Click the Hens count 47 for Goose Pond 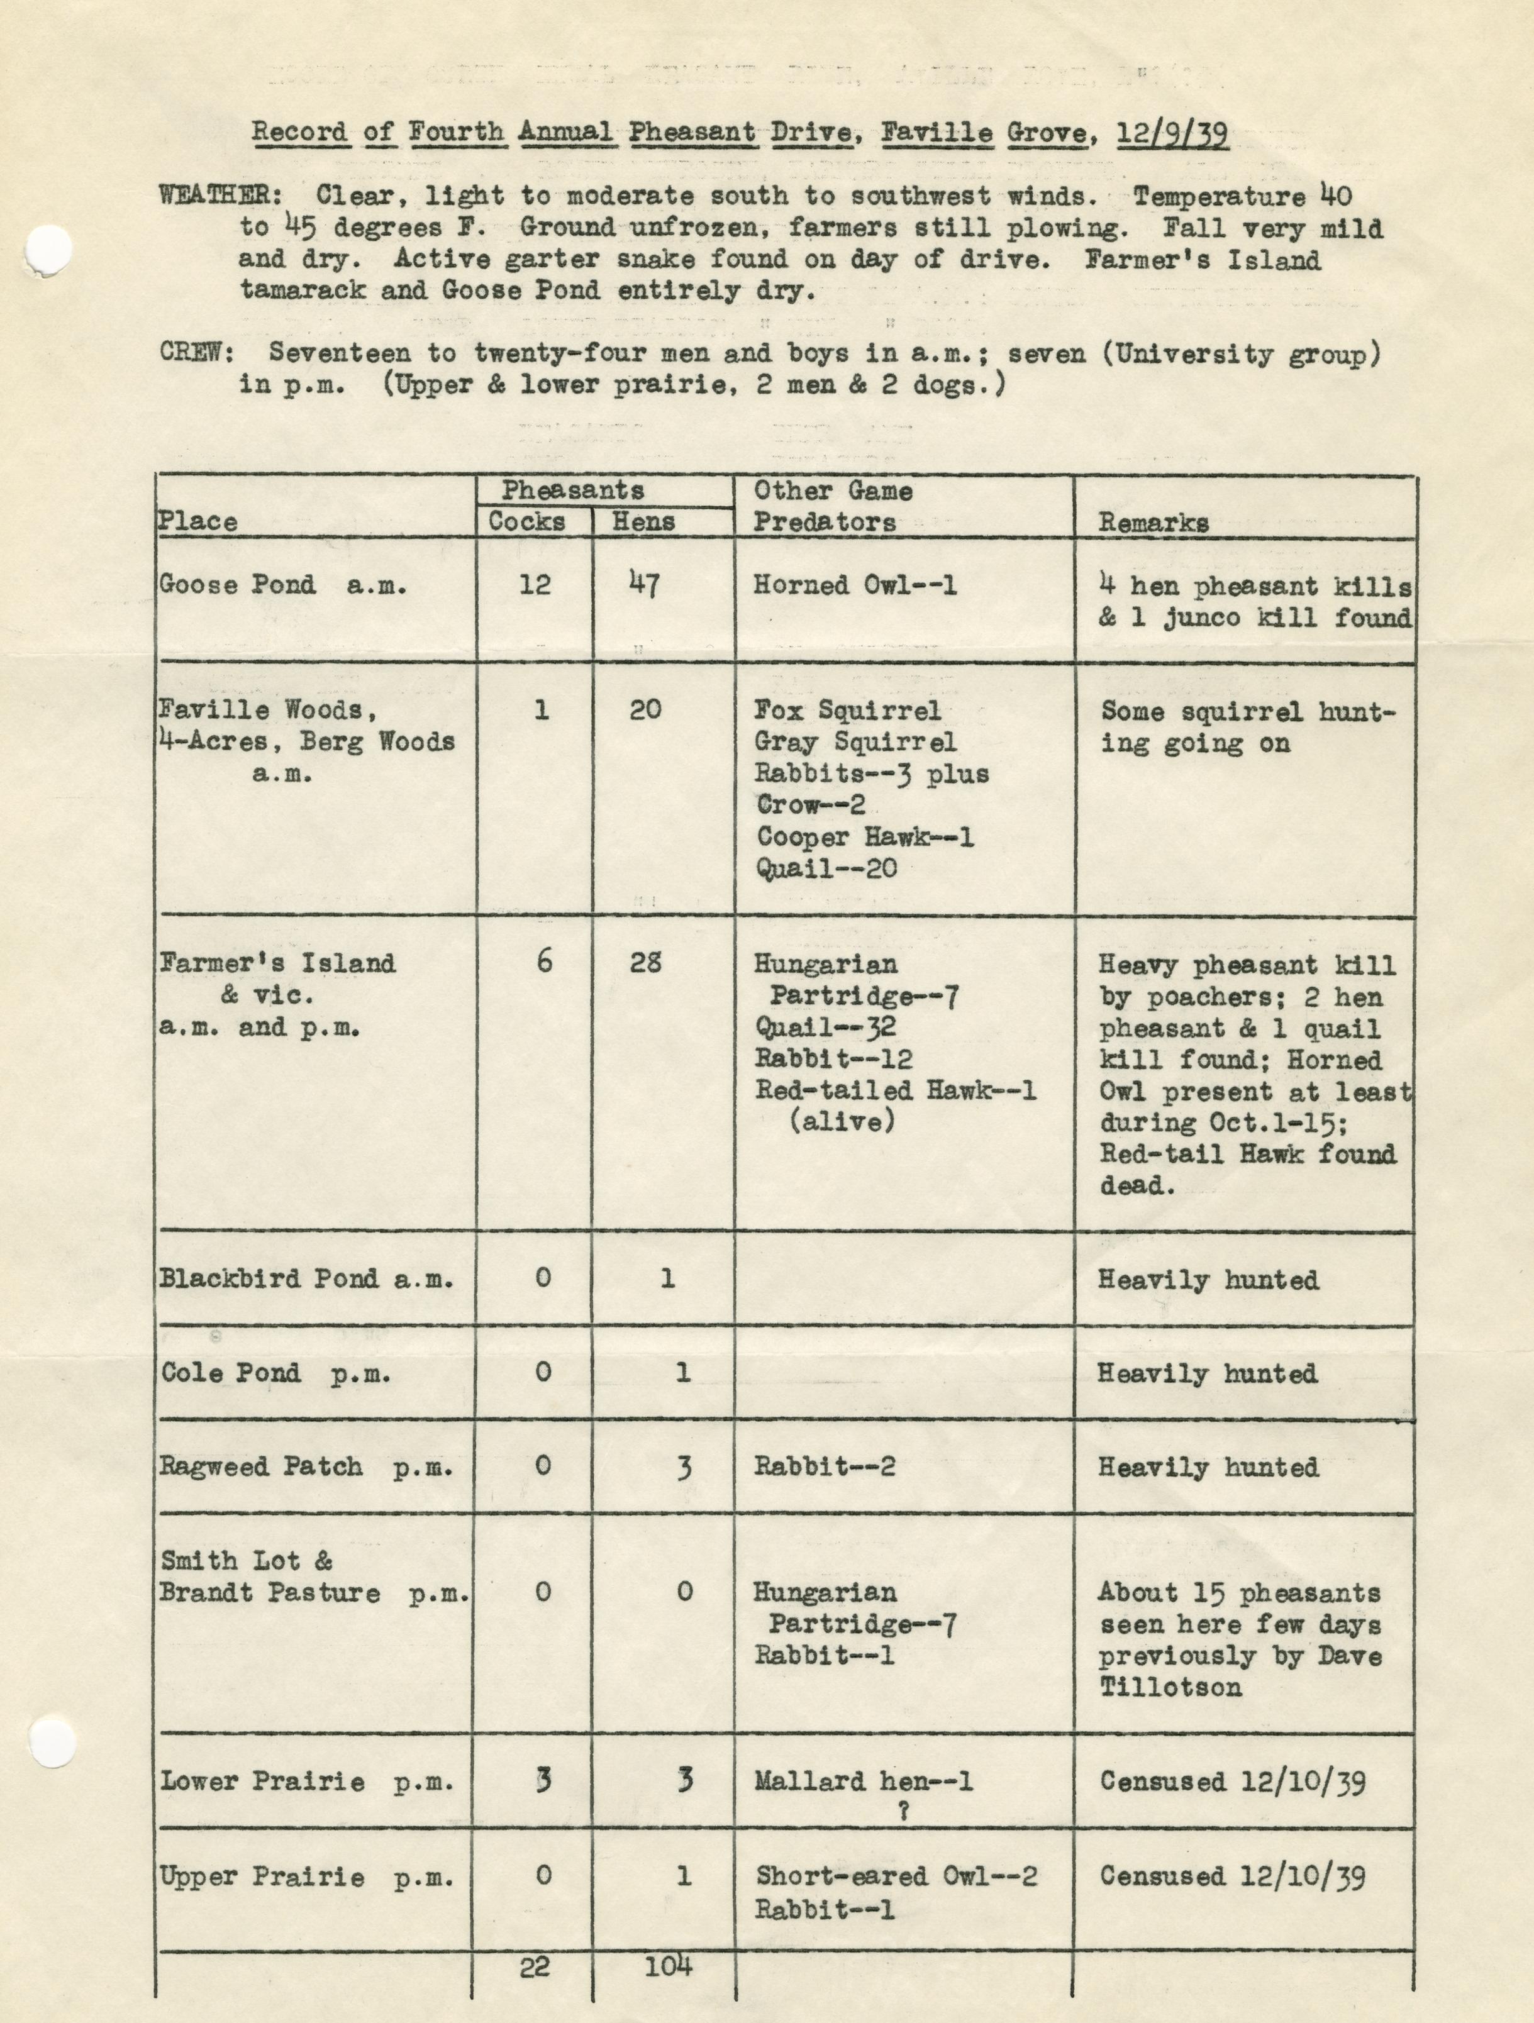[645, 584]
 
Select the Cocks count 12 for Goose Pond [535, 584]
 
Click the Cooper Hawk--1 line [864, 837]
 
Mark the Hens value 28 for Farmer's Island [645, 962]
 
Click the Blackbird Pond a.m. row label [306, 1278]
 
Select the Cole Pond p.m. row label [275, 1373]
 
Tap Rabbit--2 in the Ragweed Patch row [824, 1467]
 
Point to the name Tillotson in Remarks [1170, 1687]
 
